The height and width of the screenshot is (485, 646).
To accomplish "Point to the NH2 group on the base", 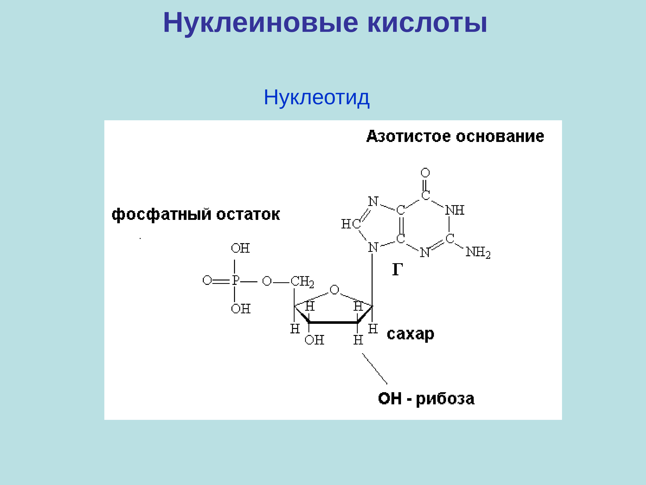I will click(478, 252).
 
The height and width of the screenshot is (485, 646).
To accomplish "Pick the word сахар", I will click(410, 334).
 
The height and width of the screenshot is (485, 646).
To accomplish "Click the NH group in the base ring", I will click(454, 210).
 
